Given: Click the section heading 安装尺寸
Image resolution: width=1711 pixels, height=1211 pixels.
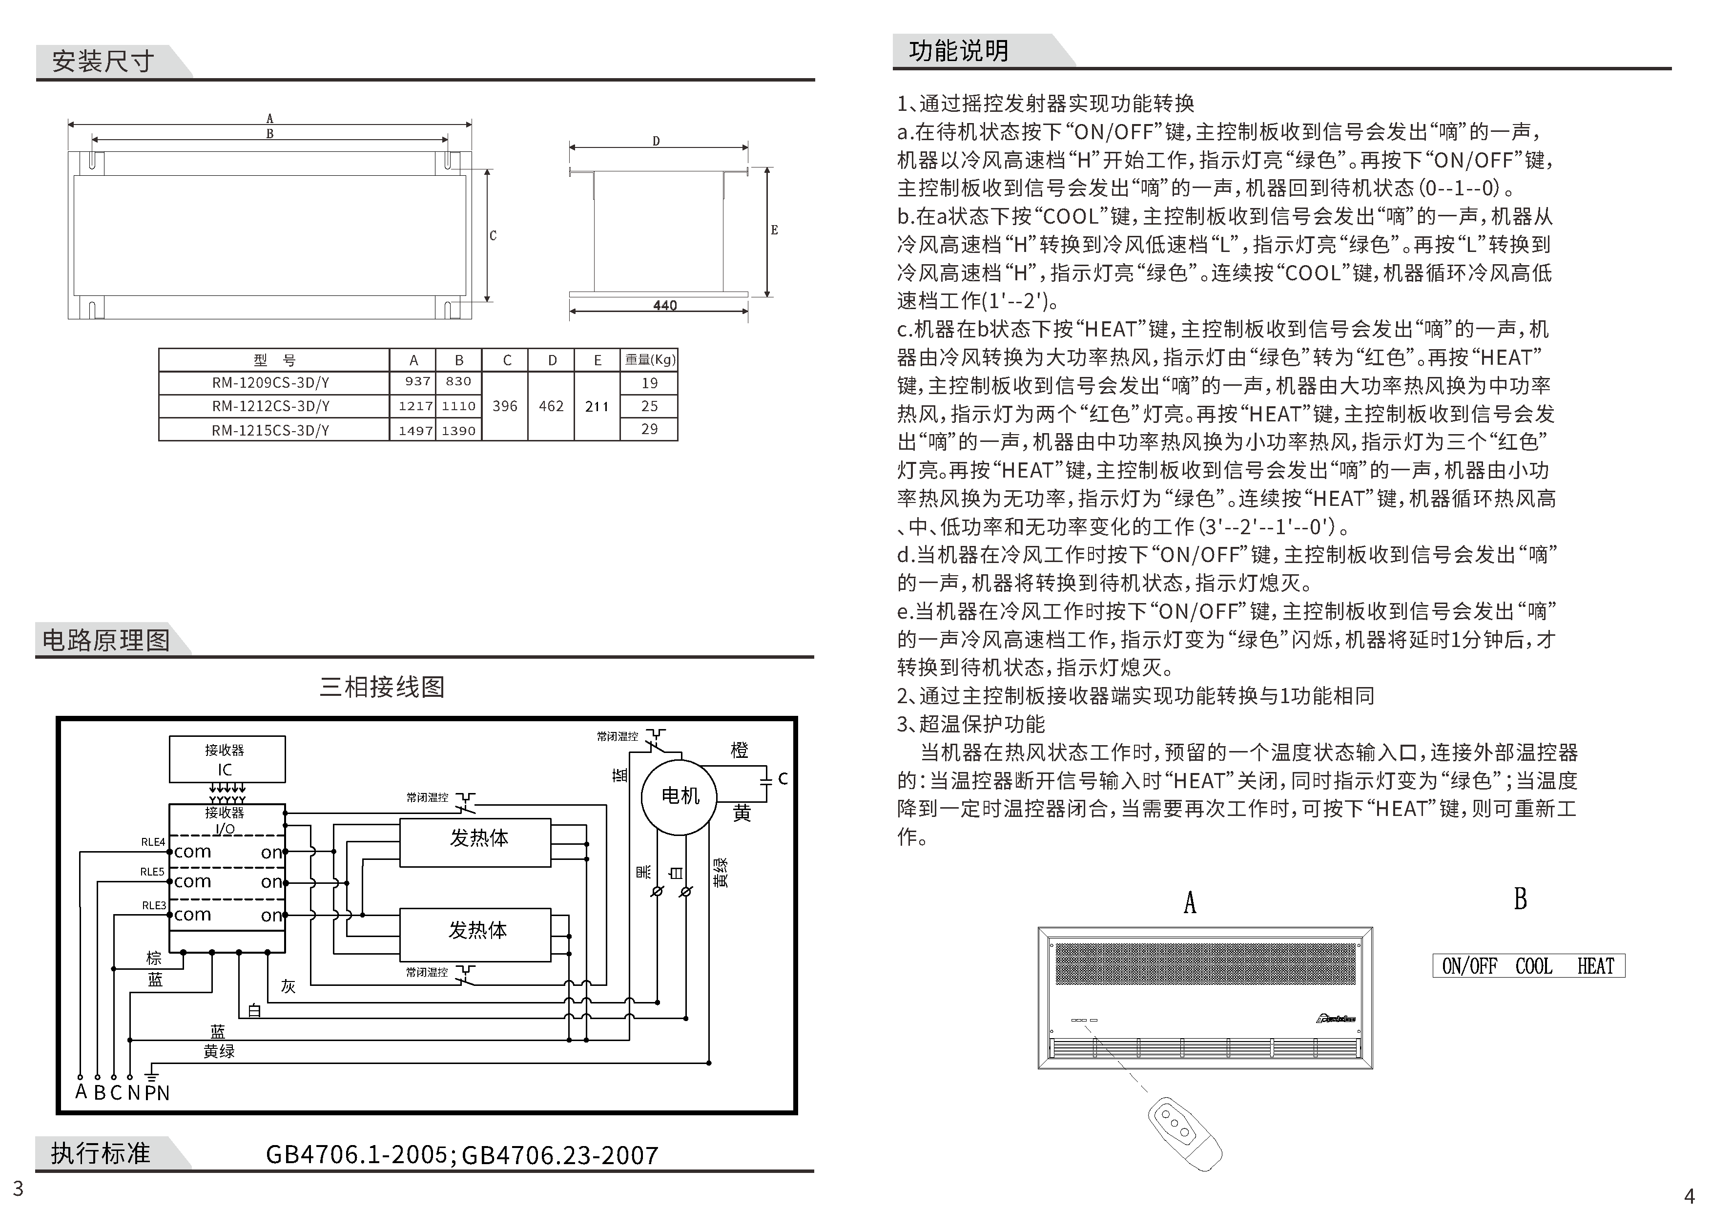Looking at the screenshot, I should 103,61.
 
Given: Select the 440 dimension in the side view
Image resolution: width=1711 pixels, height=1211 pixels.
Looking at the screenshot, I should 664,306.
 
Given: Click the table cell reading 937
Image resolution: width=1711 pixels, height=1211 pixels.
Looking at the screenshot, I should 417,382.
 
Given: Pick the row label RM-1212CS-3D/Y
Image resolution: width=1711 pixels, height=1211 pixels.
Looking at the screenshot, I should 270,406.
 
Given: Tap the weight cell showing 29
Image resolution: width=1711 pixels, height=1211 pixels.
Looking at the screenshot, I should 649,430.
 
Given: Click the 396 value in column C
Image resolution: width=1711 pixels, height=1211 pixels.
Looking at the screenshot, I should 505,406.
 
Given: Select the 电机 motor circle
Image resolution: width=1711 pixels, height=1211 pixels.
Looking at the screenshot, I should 680,796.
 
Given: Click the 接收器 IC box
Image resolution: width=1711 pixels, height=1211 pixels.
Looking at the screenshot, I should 227,760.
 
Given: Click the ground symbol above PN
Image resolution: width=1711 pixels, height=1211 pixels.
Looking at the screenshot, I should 151,1074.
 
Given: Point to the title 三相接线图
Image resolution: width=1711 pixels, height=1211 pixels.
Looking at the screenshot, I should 382,687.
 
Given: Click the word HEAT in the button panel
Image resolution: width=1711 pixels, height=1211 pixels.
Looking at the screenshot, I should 1595,966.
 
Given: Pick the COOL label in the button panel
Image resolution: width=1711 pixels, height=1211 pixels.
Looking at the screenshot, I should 1534,966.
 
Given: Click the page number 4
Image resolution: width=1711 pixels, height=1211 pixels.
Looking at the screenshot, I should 1690,1195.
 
